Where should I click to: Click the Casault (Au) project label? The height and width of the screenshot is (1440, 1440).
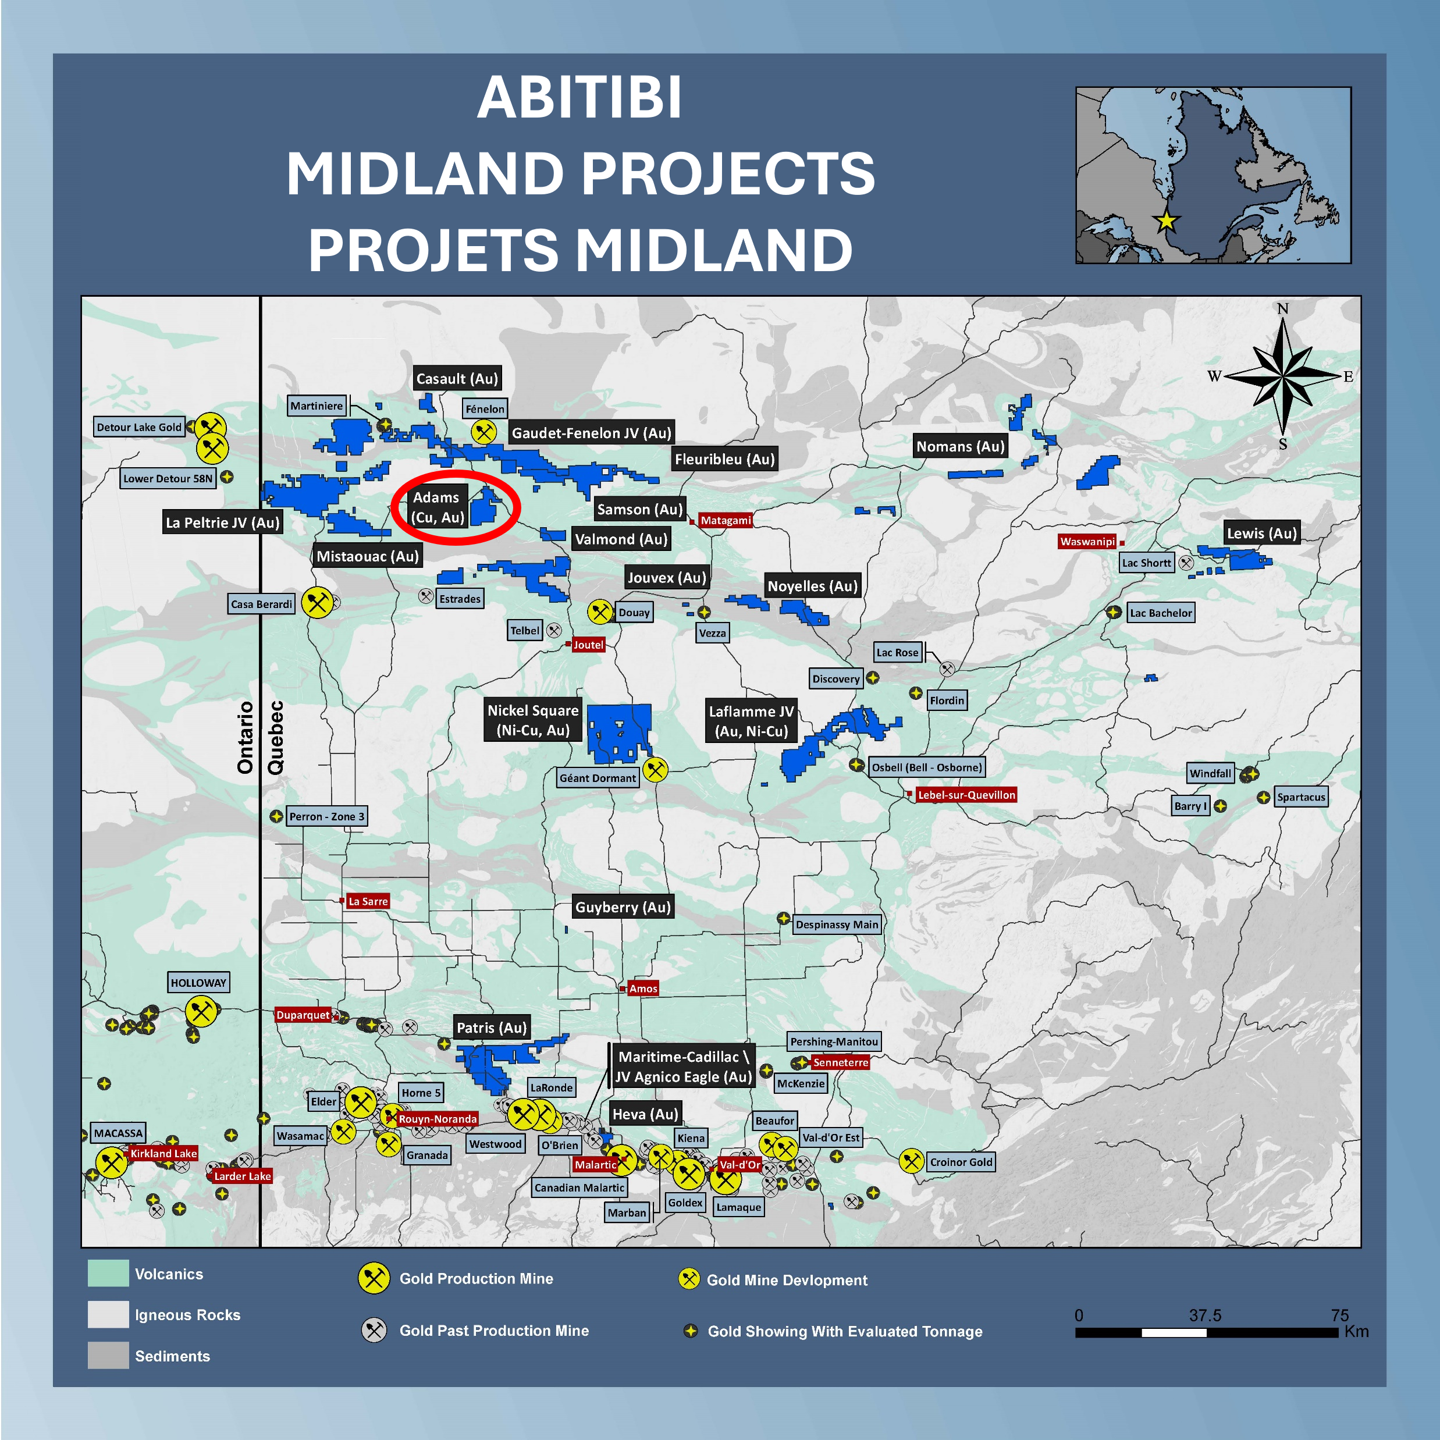(x=457, y=379)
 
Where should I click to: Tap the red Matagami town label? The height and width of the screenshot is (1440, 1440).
(x=725, y=520)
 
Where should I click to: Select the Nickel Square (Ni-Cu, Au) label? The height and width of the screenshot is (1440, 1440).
(x=533, y=720)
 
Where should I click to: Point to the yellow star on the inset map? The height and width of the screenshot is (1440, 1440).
(x=1166, y=221)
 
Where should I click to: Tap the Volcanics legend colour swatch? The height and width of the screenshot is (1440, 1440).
(x=108, y=1273)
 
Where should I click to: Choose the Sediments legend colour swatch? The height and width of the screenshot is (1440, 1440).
(x=108, y=1355)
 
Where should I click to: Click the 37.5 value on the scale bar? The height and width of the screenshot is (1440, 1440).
(x=1204, y=1315)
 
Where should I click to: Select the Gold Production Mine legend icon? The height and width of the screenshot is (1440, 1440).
(x=374, y=1278)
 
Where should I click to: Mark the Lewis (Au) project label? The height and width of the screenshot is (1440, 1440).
(x=1262, y=533)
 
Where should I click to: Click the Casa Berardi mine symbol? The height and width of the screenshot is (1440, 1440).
(x=318, y=603)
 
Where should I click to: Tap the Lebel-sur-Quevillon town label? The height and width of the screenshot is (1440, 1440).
(x=966, y=795)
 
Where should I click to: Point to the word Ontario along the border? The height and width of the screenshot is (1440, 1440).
(x=245, y=737)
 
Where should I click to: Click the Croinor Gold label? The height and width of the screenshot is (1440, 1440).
(x=961, y=1162)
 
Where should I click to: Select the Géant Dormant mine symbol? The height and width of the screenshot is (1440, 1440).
(x=655, y=769)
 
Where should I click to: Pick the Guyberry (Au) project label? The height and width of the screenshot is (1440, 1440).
(x=623, y=907)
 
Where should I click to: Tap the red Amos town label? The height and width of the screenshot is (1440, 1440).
(x=642, y=989)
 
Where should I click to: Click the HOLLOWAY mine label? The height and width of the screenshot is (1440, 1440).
(x=198, y=982)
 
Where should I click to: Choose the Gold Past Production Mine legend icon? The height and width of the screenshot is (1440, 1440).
(x=374, y=1331)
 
